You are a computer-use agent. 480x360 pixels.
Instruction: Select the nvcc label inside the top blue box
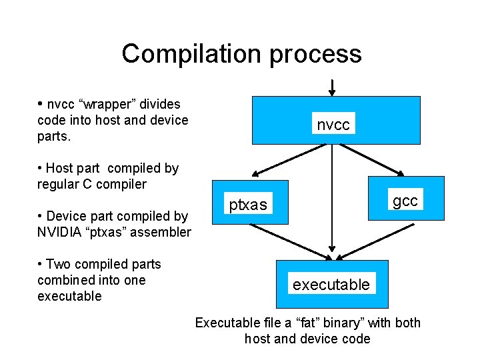pos(333,124)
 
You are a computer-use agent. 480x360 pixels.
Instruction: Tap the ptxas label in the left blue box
pos(248,205)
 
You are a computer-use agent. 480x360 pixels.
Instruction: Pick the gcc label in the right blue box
pos(405,201)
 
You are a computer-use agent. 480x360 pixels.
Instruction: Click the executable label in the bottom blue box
pos(331,285)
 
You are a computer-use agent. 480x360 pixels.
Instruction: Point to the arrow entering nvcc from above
pos(332,87)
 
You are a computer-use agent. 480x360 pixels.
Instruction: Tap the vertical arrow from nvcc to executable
pos(332,200)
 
